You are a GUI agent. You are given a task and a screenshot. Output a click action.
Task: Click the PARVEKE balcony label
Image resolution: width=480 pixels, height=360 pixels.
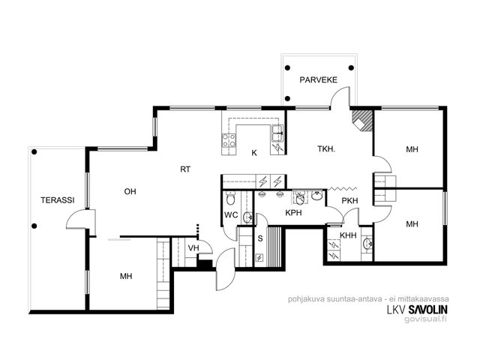(318, 80)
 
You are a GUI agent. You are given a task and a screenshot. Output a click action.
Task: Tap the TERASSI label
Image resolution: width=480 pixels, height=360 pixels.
(58, 200)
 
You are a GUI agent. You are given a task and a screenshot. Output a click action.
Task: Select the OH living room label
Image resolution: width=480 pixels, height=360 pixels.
(130, 192)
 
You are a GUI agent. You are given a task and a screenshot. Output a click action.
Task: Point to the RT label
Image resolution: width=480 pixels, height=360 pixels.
(185, 169)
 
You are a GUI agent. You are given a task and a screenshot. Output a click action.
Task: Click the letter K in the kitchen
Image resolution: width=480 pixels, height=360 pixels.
(254, 153)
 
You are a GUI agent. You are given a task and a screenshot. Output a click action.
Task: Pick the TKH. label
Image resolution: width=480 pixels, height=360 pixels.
(326, 149)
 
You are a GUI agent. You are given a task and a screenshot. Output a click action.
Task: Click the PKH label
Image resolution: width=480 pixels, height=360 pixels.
(349, 201)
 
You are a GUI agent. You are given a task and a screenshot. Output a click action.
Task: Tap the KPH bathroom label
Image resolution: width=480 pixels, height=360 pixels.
(293, 213)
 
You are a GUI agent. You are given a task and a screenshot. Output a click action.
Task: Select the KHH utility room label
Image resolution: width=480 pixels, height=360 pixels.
(348, 235)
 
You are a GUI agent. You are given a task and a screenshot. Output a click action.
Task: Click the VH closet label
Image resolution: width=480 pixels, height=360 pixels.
(193, 248)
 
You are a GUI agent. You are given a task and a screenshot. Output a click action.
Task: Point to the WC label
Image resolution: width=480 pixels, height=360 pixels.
(231, 215)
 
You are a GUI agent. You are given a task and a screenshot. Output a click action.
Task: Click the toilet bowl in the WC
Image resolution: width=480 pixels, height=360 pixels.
(230, 198)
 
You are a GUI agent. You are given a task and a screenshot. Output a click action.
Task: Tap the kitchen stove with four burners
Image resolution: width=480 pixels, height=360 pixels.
(229, 140)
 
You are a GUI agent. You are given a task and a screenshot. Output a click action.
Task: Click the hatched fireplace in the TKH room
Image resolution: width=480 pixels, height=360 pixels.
(362, 120)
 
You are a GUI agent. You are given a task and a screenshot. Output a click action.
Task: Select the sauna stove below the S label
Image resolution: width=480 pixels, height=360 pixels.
(259, 258)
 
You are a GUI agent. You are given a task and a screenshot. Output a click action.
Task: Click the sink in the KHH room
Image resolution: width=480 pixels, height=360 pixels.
(367, 244)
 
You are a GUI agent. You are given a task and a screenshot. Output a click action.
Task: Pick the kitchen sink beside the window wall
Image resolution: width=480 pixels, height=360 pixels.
(277, 133)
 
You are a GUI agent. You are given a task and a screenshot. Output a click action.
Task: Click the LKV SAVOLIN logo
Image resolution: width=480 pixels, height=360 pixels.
(417, 310)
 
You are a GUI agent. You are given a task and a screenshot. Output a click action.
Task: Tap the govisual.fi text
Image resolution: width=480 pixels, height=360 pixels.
(425, 319)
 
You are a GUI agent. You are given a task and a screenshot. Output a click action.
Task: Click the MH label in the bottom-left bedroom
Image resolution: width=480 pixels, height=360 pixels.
(126, 277)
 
